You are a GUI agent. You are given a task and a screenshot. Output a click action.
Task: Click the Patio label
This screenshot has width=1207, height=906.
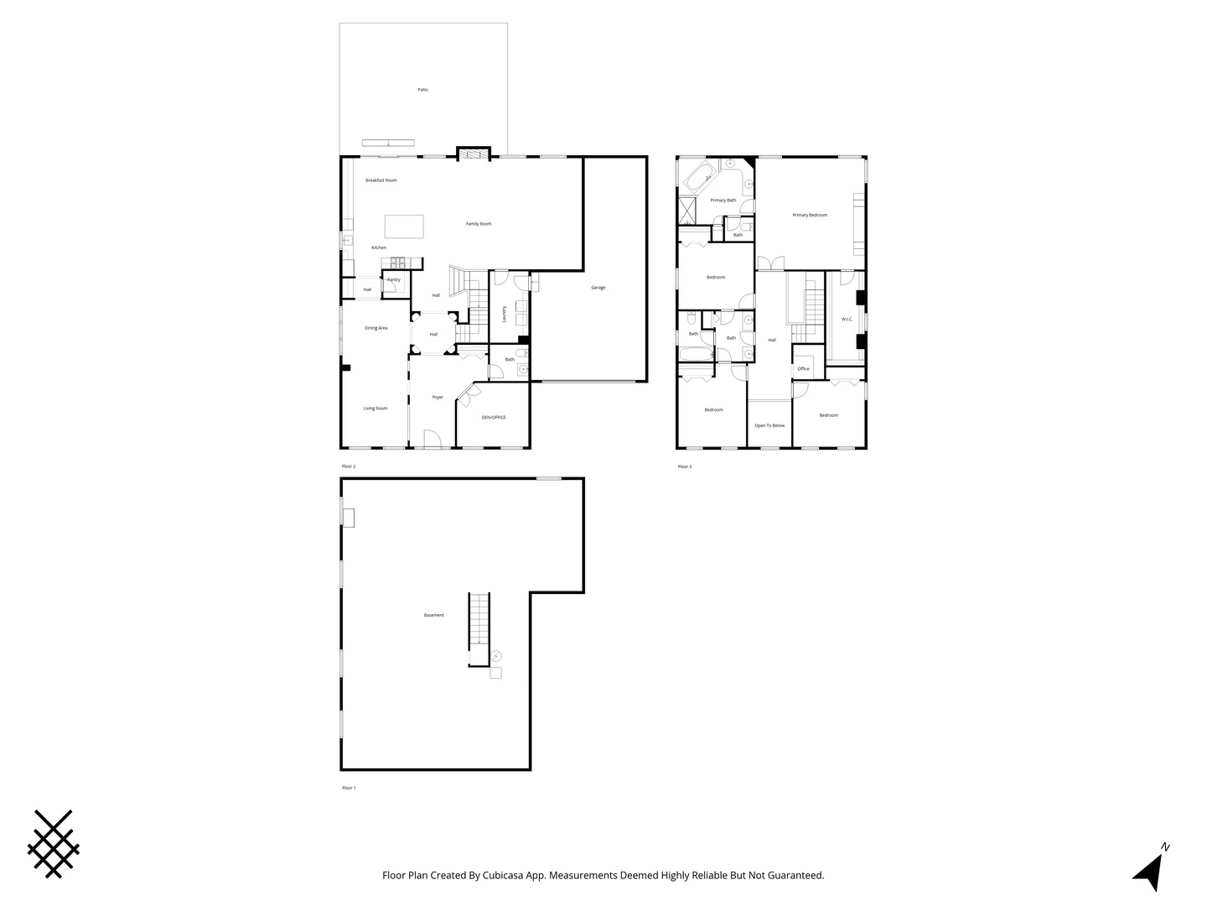click(x=422, y=90)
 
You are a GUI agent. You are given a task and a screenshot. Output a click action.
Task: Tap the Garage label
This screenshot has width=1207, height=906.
click(x=598, y=288)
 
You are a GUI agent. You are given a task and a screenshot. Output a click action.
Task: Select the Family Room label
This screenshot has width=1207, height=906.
click(x=479, y=224)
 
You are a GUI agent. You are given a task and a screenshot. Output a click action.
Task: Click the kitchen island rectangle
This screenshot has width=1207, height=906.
click(x=404, y=227)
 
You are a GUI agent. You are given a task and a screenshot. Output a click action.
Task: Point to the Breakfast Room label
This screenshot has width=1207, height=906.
click(x=381, y=180)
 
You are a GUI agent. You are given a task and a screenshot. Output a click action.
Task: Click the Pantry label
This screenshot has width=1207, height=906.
click(x=394, y=279)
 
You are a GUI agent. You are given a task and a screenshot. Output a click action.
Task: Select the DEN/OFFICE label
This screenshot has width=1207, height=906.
click(x=493, y=417)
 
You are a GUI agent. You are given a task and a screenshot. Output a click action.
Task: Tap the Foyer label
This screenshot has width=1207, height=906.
click(x=438, y=397)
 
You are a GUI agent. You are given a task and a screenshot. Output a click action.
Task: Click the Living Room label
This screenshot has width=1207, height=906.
click(x=376, y=409)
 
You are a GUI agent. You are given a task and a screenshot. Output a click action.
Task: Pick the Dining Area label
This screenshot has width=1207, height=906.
click(x=376, y=328)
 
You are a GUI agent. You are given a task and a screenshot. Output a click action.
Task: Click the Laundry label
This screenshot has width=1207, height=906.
click(x=504, y=314)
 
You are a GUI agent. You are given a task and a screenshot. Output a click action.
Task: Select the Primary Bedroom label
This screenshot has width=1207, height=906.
click(x=810, y=216)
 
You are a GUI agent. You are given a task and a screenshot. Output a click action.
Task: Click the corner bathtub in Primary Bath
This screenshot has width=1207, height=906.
click(x=698, y=179)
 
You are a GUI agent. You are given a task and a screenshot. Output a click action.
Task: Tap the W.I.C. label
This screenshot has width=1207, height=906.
click(x=847, y=320)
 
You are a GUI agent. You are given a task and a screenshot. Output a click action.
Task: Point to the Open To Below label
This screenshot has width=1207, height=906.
click(x=769, y=425)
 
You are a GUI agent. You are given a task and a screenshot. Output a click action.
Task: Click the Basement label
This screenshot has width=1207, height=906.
click(x=434, y=616)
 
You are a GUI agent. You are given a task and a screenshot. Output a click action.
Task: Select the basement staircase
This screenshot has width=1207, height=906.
click(x=479, y=629)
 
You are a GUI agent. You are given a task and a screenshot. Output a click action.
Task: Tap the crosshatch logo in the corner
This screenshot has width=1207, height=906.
click(x=54, y=844)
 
